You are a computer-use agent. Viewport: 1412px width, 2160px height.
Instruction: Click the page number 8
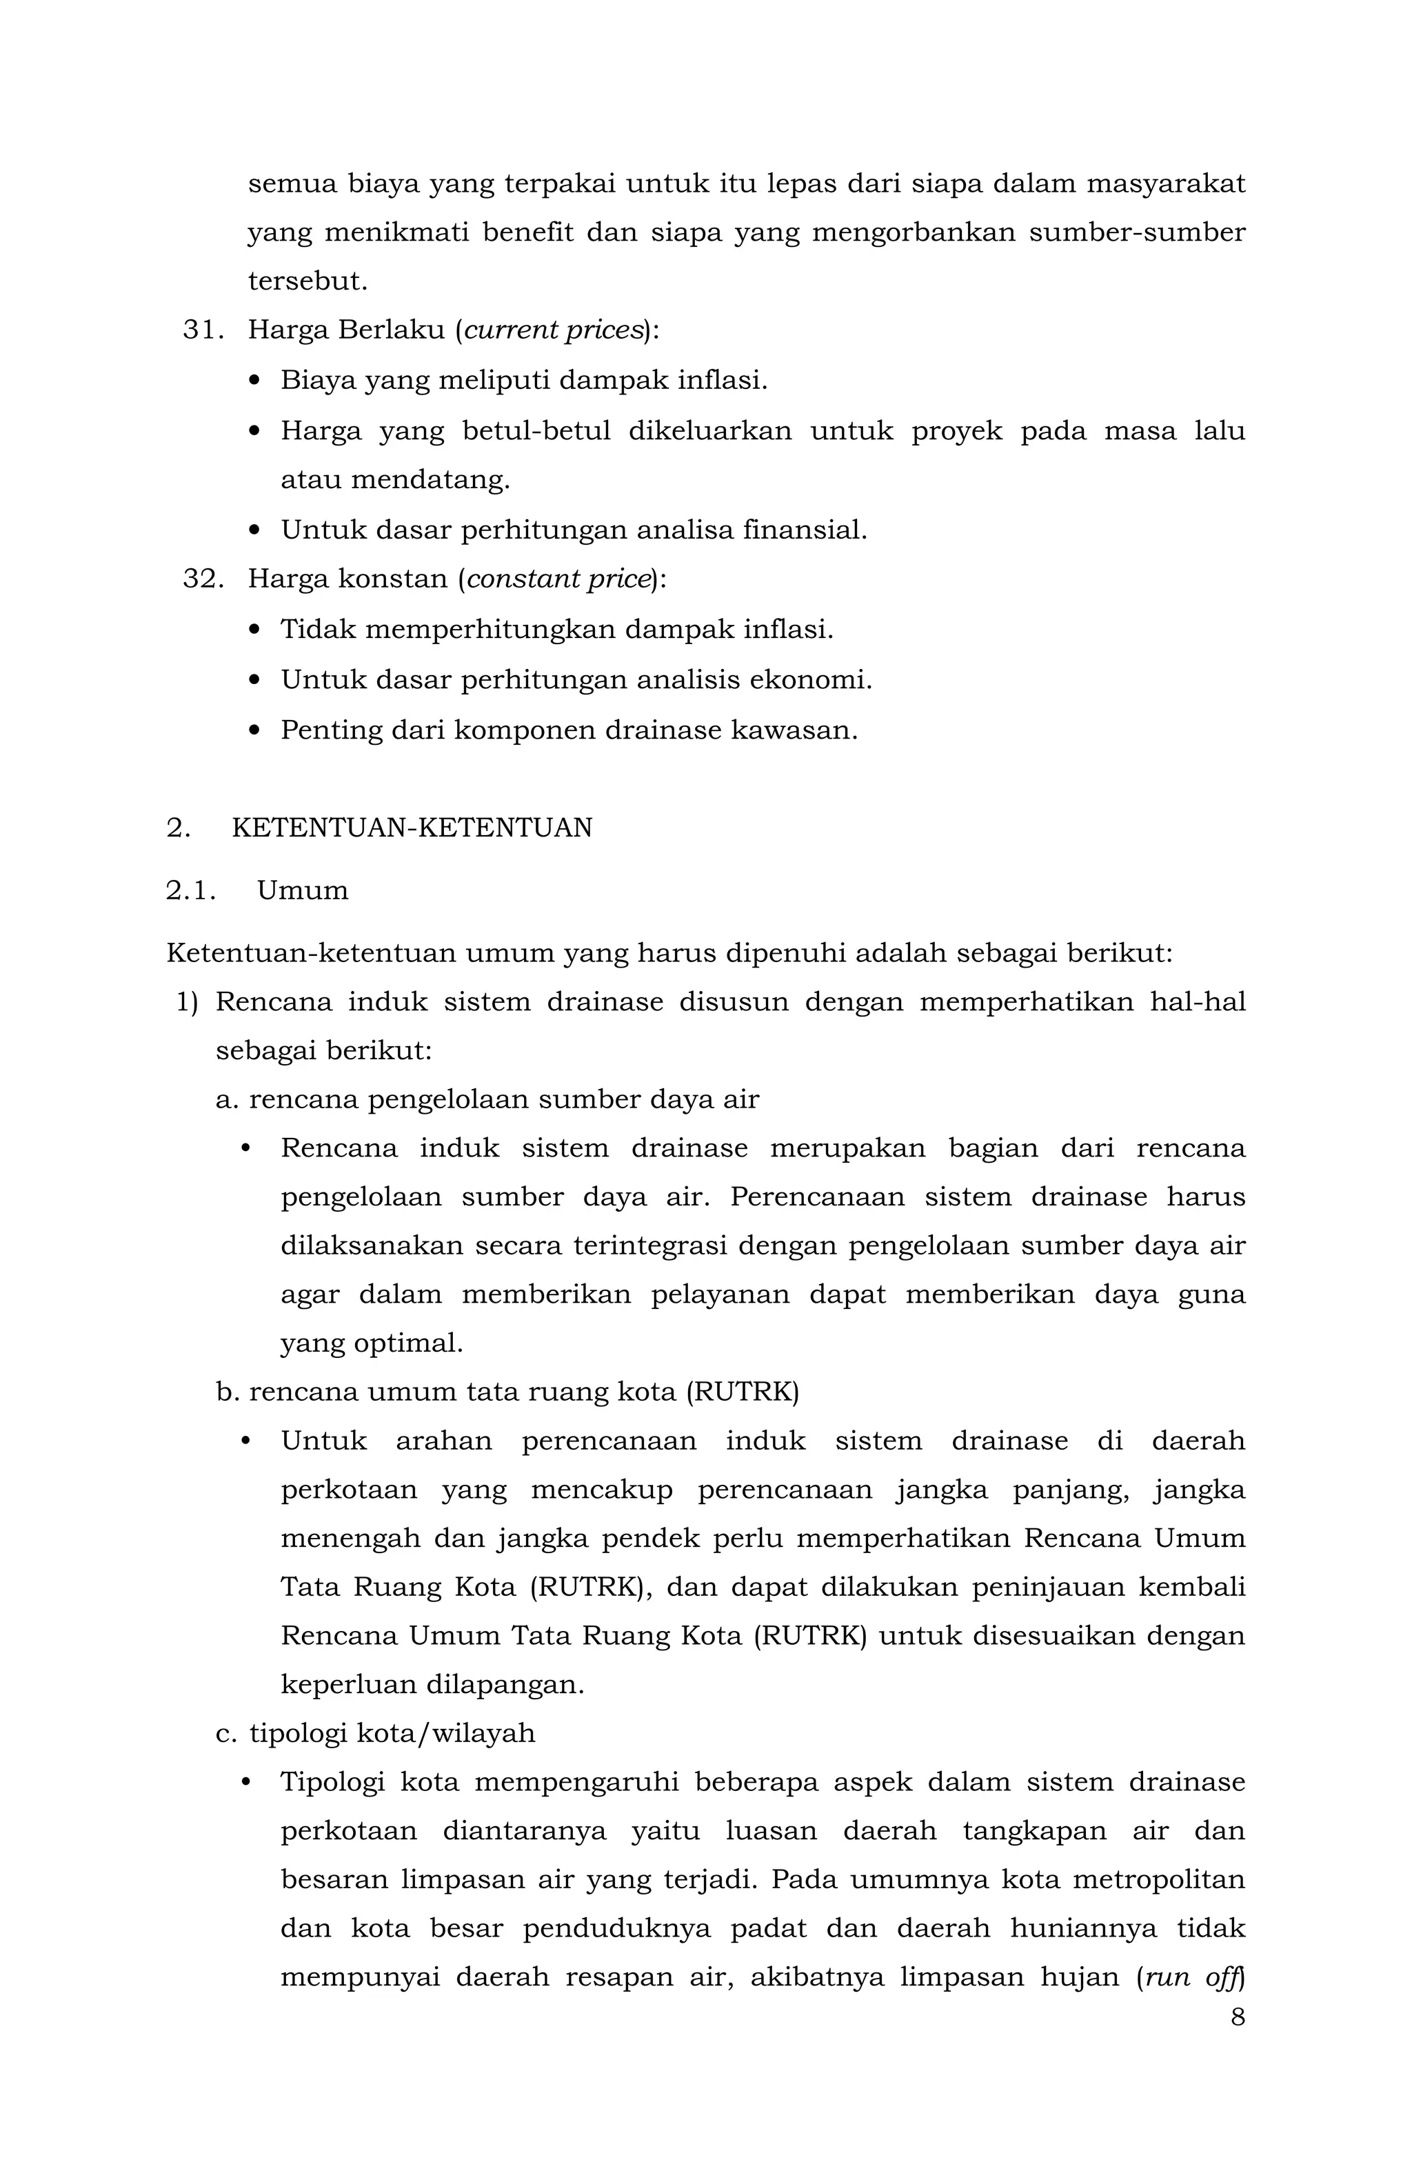pyautogui.click(x=1238, y=2017)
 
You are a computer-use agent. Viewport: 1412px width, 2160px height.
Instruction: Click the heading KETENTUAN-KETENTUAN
pyautogui.click(x=412, y=828)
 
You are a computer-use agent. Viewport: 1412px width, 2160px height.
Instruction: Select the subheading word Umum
pyautogui.click(x=302, y=890)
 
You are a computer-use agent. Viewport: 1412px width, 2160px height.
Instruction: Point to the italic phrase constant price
pyautogui.click(x=558, y=579)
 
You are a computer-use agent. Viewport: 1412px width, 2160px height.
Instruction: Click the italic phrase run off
pyautogui.click(x=1192, y=1977)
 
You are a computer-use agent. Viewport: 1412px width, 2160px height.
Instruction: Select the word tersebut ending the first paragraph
pyautogui.click(x=307, y=281)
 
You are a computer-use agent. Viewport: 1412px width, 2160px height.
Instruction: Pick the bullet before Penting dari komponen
pyautogui.click(x=254, y=730)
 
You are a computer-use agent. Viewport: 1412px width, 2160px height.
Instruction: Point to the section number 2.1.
pyautogui.click(x=190, y=890)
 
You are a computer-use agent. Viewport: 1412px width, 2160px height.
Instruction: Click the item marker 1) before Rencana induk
pyautogui.click(x=187, y=1002)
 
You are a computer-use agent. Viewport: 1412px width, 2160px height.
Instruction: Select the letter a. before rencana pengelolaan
pyautogui.click(x=227, y=1100)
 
